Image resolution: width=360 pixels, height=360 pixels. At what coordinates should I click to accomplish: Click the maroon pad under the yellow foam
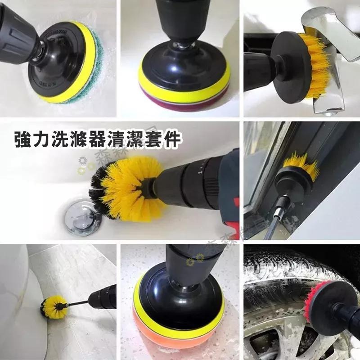coord(184,102)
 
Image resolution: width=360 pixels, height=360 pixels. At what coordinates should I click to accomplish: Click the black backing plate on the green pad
coord(54,67)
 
